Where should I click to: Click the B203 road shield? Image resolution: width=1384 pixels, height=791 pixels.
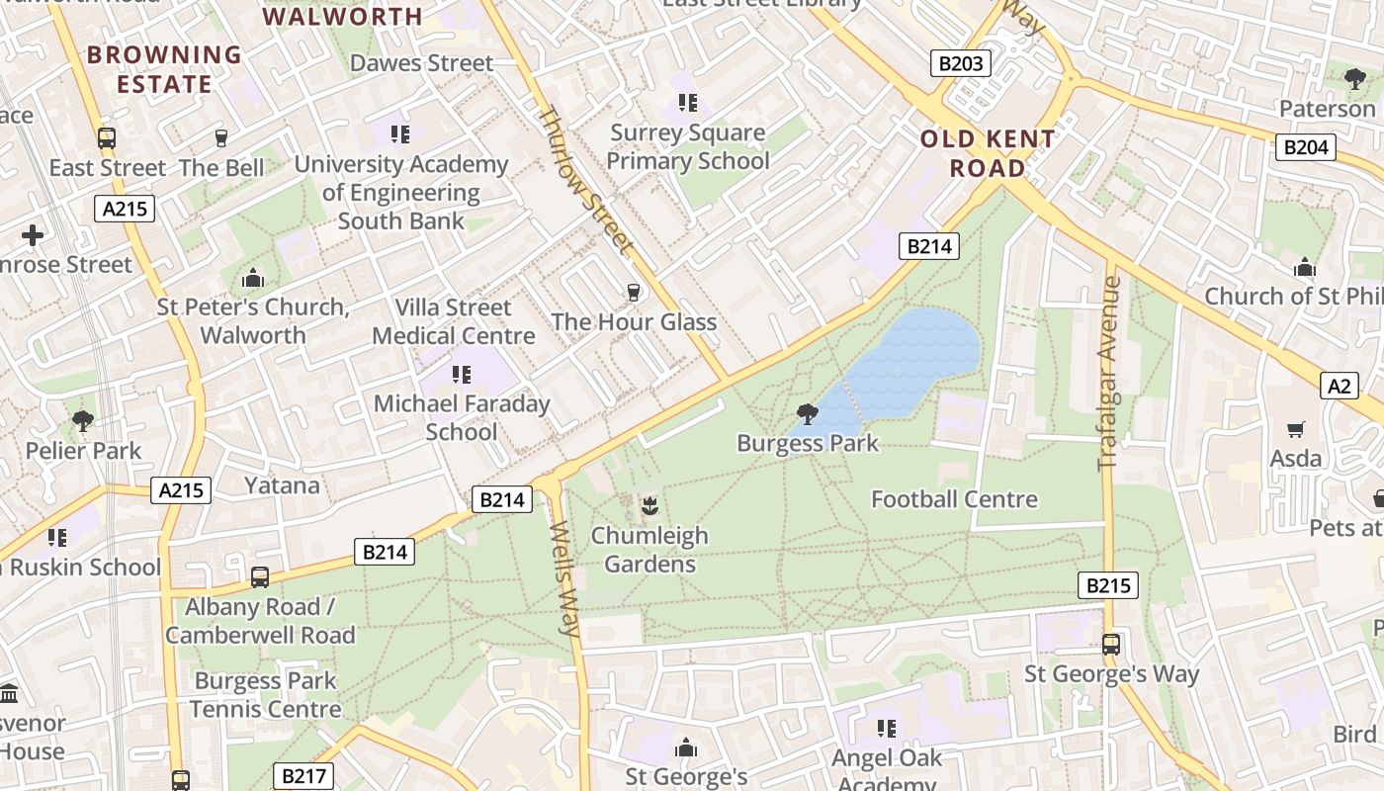pyautogui.click(x=961, y=64)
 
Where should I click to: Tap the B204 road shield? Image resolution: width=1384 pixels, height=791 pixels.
pyautogui.click(x=1306, y=147)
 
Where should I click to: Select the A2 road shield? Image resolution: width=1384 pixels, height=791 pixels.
pyautogui.click(x=1339, y=386)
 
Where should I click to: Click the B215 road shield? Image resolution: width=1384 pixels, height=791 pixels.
pyautogui.click(x=1107, y=585)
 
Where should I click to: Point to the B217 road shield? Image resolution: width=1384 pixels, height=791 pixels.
pyautogui.click(x=303, y=776)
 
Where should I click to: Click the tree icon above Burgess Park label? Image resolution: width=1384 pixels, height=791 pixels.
pyautogui.click(x=808, y=413)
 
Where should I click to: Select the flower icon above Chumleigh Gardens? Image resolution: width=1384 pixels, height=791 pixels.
pyautogui.click(x=649, y=507)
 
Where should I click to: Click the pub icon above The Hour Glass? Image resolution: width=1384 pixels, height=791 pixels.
pyautogui.click(x=634, y=292)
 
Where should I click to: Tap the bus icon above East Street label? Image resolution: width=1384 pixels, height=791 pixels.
pyautogui.click(x=107, y=138)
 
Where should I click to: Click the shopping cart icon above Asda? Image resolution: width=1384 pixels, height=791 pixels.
pyautogui.click(x=1295, y=429)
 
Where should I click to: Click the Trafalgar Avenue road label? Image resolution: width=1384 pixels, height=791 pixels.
pyautogui.click(x=1109, y=373)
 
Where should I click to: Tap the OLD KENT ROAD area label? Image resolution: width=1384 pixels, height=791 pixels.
pyautogui.click(x=988, y=153)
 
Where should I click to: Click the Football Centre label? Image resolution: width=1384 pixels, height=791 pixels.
pyautogui.click(x=954, y=499)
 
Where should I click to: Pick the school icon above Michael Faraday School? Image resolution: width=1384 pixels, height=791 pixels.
pyautogui.click(x=461, y=374)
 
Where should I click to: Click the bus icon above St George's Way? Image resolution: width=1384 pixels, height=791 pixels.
pyautogui.click(x=1111, y=645)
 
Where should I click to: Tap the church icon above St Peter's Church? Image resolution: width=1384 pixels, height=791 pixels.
pyautogui.click(x=253, y=278)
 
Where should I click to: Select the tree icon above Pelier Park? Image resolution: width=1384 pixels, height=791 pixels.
pyautogui.click(x=83, y=421)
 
